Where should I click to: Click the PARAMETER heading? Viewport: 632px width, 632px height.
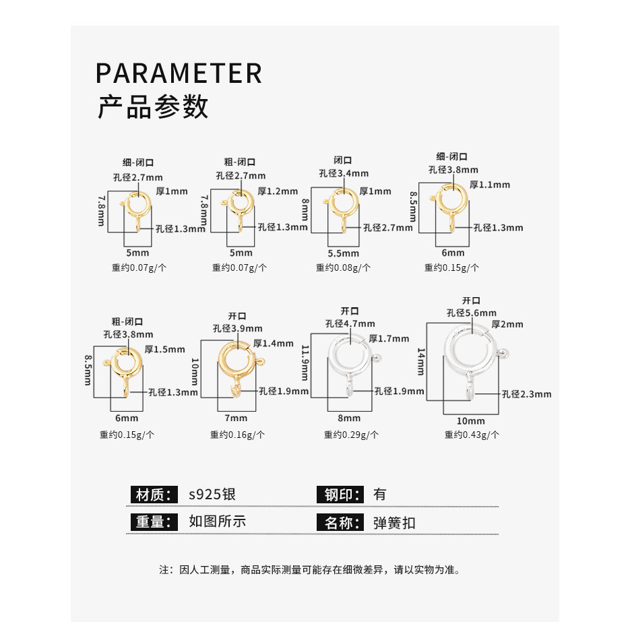point(179,73)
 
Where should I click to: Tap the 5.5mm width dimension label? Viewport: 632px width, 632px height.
point(343,253)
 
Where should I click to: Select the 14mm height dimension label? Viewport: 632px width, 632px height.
point(421,362)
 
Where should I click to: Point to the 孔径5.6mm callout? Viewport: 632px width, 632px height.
point(471,313)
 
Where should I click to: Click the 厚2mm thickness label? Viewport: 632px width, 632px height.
point(507,325)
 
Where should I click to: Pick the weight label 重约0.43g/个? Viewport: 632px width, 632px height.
point(472,435)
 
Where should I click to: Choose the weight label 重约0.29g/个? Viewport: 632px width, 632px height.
point(351,435)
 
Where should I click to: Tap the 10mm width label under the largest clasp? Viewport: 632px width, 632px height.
point(470,421)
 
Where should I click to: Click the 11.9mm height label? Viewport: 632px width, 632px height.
point(305,362)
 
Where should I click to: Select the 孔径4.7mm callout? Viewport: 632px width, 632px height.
point(350,323)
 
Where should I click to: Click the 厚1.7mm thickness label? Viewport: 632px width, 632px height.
point(389,338)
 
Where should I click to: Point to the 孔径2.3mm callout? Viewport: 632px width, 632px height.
point(526,394)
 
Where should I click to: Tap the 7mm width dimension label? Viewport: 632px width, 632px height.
point(236,418)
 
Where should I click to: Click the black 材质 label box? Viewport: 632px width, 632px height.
point(154,495)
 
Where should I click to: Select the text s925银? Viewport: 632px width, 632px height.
point(212,495)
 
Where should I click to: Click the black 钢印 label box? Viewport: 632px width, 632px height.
point(340,495)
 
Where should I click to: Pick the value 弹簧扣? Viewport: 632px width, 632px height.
point(394,523)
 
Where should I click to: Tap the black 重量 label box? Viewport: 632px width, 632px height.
point(154,522)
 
